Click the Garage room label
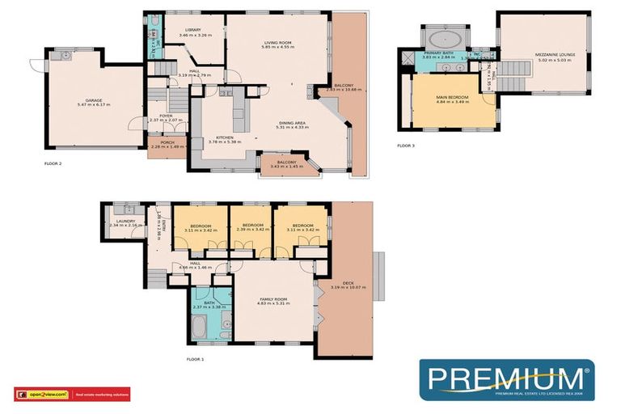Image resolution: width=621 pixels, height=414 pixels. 74,101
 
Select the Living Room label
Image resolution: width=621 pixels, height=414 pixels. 277,45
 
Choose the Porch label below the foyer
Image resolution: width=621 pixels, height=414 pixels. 167,144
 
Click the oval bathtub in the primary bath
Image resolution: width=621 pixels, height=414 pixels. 444,37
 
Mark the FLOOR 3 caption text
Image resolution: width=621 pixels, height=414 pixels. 406,146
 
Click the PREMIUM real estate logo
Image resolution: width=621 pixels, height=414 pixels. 505,381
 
